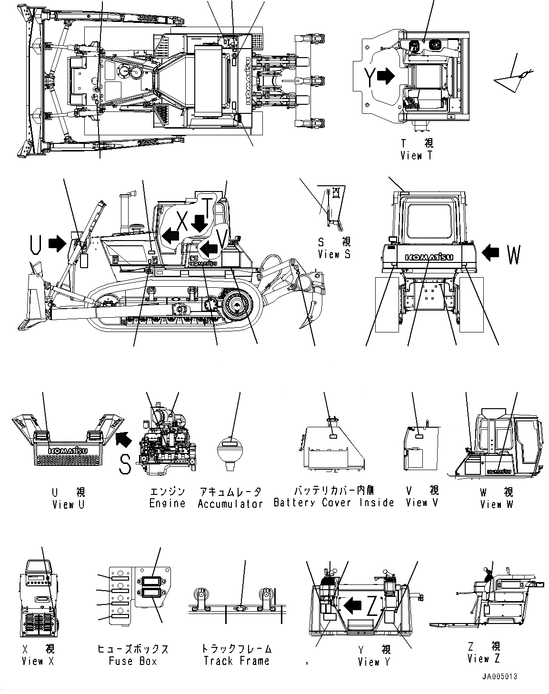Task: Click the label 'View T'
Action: coord(417,155)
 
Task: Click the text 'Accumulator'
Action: coord(230,503)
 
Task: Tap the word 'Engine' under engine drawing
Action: coord(167,503)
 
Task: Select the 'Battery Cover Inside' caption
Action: coord(334,503)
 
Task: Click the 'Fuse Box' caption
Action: coord(133,661)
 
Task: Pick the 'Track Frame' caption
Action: coord(237,661)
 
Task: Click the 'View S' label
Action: coord(334,254)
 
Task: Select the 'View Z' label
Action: coord(484,659)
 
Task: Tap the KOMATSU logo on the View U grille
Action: coord(67,450)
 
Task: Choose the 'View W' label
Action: coord(497,504)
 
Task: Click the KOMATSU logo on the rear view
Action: coord(429,257)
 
